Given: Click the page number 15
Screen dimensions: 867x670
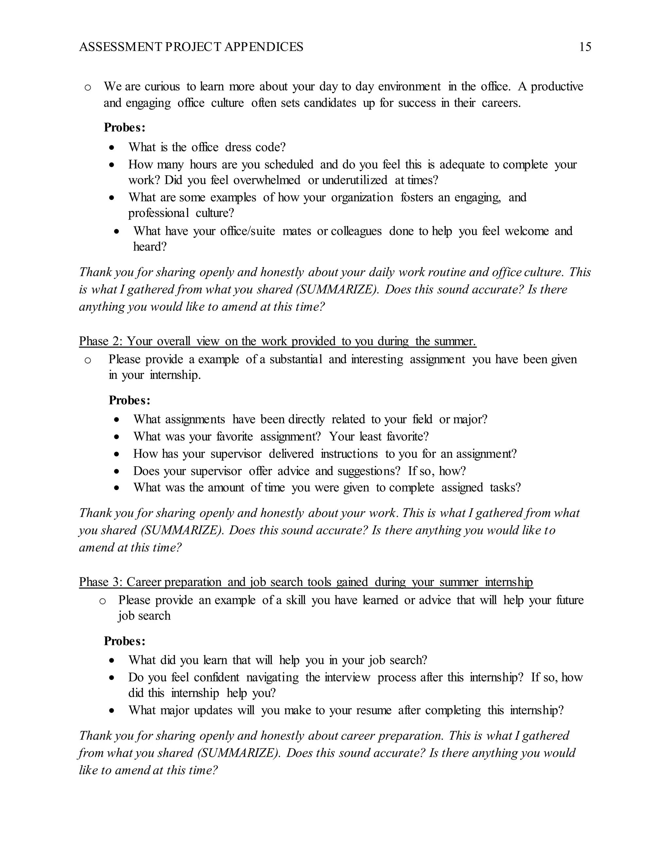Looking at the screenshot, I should pos(585,47).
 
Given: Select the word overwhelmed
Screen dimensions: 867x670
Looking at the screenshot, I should pos(267,180).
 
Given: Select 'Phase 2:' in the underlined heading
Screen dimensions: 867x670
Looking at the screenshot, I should pos(101,341).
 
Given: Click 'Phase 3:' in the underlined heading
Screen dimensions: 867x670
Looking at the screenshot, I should pos(101,582).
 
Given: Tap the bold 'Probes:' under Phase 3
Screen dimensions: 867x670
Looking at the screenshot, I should pos(125,641).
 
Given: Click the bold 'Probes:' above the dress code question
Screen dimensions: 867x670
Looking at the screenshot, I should pos(125,128).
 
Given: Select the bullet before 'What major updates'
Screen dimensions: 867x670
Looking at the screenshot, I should pos(113,711).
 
